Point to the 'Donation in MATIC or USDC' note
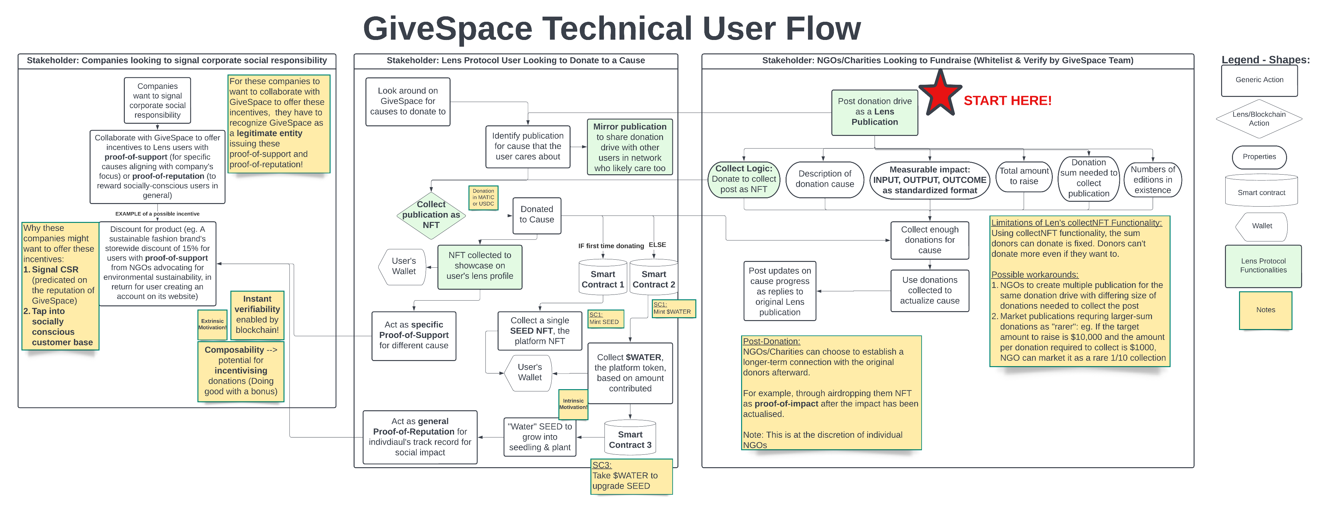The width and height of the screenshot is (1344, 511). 483,198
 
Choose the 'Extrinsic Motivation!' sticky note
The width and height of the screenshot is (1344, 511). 212,324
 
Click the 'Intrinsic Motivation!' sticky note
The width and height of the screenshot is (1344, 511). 573,404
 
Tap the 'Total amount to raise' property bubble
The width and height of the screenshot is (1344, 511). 1024,176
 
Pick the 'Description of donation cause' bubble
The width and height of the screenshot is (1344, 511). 824,179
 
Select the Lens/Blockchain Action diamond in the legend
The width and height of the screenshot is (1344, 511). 1259,119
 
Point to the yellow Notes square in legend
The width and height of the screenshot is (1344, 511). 1265,310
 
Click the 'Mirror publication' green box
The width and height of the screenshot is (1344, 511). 630,147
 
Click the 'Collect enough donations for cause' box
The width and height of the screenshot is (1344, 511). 929,240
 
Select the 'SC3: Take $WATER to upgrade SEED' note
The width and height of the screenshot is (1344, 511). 631,476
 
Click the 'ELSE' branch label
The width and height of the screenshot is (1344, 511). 657,245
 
